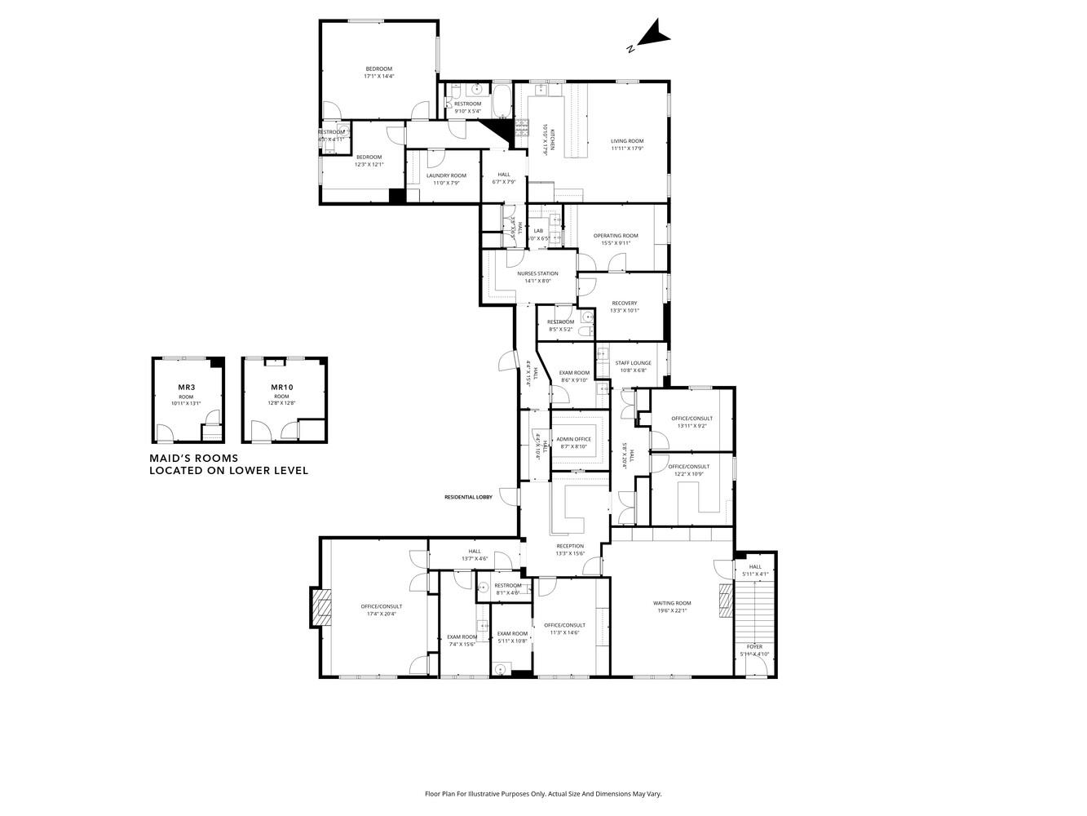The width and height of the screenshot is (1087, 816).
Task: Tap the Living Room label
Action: click(627, 141)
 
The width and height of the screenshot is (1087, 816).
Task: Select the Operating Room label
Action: click(616, 236)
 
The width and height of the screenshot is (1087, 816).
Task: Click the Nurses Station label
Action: click(537, 273)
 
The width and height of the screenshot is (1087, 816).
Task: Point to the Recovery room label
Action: click(624, 304)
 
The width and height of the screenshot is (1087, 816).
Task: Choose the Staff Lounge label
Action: click(633, 363)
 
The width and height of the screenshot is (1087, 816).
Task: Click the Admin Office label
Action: click(574, 439)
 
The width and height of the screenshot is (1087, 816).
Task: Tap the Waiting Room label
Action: click(671, 604)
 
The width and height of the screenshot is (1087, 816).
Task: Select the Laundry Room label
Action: click(446, 175)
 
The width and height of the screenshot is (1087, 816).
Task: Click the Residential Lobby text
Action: click(468, 497)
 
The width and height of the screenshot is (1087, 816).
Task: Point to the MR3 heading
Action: click(186, 387)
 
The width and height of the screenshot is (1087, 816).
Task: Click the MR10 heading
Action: click(281, 387)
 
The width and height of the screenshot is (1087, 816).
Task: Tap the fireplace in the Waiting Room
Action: click(724, 604)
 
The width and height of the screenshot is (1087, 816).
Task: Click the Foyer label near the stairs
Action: click(754, 646)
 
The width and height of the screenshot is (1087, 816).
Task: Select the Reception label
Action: click(570, 546)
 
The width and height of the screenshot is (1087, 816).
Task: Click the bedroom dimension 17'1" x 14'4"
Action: click(378, 76)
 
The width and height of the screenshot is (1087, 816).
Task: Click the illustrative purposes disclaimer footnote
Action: click(543, 793)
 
